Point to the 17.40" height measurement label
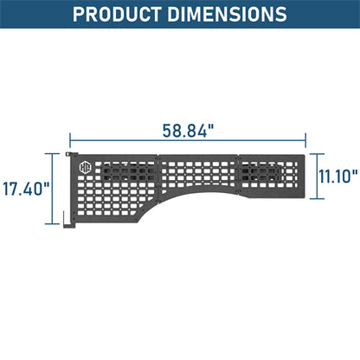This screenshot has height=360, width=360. coord(26,188)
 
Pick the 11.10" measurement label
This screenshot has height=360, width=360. coord(337,177)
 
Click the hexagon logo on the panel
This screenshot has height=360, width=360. coord(85,168)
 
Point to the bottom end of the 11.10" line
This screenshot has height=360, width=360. coord(317,198)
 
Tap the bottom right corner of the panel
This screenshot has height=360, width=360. coord(305,197)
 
